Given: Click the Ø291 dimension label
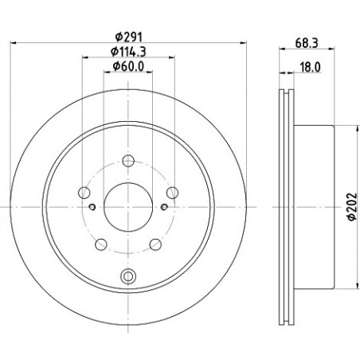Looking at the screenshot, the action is coord(128,37).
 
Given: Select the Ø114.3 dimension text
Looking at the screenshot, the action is coord(128,52).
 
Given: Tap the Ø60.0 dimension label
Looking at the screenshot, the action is coord(128,67).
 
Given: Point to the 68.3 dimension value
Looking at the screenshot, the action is coord(307,43).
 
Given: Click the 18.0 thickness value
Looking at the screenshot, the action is coord(310,67).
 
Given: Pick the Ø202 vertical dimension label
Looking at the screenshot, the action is coord(352,206).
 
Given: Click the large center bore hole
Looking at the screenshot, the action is coord(128,207).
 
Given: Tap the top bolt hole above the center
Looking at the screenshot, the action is coord(128,161).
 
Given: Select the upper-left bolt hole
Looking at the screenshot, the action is coord(84,193).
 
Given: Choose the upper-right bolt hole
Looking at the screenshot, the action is coord(172,193).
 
